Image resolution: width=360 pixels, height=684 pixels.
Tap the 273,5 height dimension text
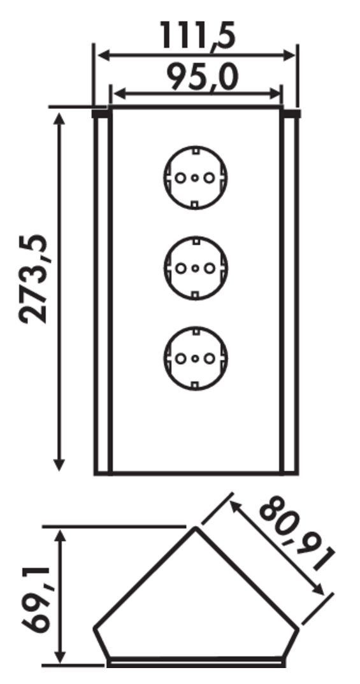coord(34,279)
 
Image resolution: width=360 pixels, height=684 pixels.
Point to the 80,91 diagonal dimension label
coord(297,534)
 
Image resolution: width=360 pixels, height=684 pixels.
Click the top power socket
coord(196,178)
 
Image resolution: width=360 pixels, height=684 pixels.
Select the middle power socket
coord(196,268)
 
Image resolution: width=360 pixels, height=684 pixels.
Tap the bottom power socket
coord(196,359)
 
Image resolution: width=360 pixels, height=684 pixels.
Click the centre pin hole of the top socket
coord(196,178)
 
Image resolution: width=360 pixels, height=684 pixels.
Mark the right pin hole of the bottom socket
coord(210,359)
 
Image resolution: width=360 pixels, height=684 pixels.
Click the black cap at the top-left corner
coord(100,114)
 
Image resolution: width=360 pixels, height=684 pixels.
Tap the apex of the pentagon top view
coord(196,528)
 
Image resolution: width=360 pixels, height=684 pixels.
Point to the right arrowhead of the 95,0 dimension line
coord(276,94)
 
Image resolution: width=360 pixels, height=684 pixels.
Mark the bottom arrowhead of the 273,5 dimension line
coord(59,464)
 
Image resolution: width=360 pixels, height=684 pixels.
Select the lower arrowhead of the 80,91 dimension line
coord(318,589)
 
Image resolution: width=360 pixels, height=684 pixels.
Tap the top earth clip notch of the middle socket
coord(196,240)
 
